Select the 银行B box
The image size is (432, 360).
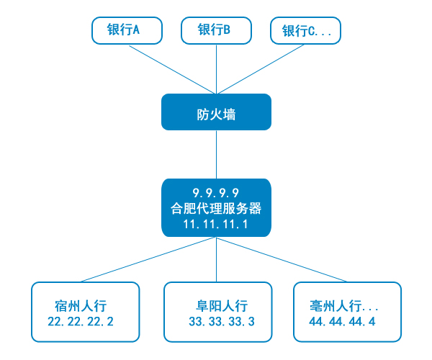coord(215,30)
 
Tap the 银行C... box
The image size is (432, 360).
coord(305,30)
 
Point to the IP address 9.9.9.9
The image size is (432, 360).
coord(216,192)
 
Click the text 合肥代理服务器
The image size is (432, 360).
coord(216,209)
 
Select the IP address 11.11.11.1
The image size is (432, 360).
coord(216,225)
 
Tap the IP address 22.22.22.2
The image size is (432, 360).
coord(81,321)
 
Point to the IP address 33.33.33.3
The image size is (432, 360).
coord(222,321)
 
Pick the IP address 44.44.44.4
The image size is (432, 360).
coord(342,321)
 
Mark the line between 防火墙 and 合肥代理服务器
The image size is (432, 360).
coord(216,154)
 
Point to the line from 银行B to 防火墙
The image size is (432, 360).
coord(216,68)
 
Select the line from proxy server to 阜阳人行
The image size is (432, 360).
coord(216,259)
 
